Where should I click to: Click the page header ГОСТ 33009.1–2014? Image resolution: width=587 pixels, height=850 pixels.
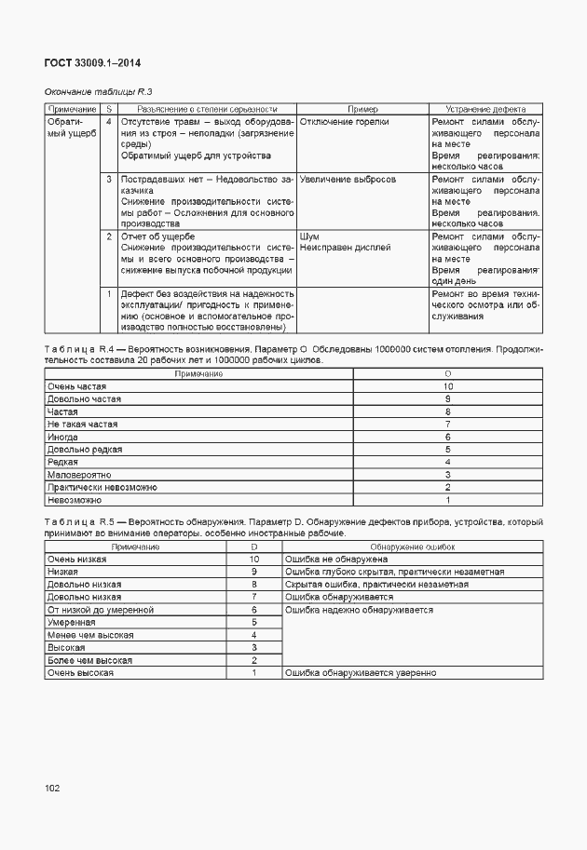click(93, 64)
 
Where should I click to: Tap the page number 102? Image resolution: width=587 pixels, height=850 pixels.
click(52, 789)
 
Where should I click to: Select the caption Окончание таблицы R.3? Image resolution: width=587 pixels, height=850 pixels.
click(98, 92)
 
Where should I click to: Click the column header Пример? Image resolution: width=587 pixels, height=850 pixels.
click(362, 109)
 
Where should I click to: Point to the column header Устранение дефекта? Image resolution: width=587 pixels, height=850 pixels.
click(485, 109)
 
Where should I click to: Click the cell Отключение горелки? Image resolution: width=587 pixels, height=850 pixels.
click(345, 122)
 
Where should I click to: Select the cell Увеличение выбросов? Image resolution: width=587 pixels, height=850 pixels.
click(348, 178)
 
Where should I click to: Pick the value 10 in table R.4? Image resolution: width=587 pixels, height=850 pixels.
click(448, 385)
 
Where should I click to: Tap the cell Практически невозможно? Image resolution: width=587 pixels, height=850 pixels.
click(102, 487)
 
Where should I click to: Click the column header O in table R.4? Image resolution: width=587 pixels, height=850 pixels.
click(448, 373)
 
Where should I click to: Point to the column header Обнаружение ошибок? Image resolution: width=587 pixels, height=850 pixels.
click(412, 546)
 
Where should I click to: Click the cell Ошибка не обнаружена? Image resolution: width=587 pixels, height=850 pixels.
click(336, 559)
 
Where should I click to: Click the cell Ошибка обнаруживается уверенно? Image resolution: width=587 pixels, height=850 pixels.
click(361, 673)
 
